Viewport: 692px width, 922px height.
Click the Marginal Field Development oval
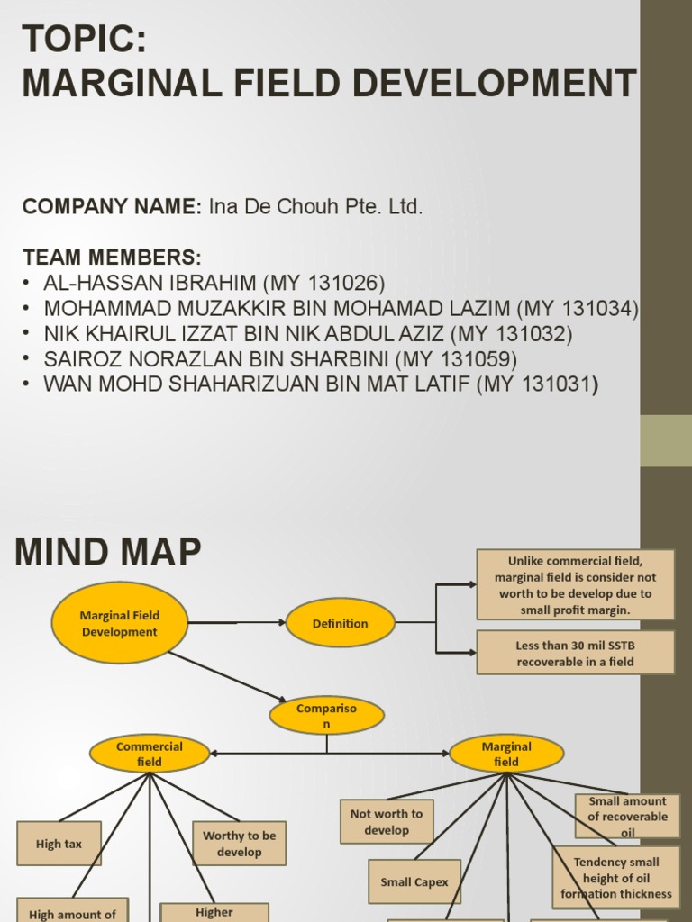(x=119, y=623)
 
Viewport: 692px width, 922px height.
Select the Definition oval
(x=340, y=623)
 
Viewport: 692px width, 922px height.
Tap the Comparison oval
(x=326, y=716)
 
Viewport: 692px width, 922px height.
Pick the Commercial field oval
(x=150, y=754)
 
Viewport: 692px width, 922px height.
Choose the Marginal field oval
(x=506, y=754)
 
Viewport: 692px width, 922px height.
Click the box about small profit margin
(x=575, y=584)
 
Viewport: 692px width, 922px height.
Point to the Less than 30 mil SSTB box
(x=575, y=653)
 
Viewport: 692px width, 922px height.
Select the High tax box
(x=59, y=844)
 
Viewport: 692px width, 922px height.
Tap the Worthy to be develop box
(x=239, y=844)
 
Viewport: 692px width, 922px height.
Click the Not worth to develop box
(x=387, y=821)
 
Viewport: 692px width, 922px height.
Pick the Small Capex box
(x=414, y=881)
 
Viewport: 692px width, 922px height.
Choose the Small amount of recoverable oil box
(x=627, y=816)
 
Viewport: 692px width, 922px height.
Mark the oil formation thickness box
(x=616, y=878)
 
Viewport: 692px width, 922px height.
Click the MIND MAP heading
(x=108, y=552)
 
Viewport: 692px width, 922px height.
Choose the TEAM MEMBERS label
(x=112, y=256)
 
